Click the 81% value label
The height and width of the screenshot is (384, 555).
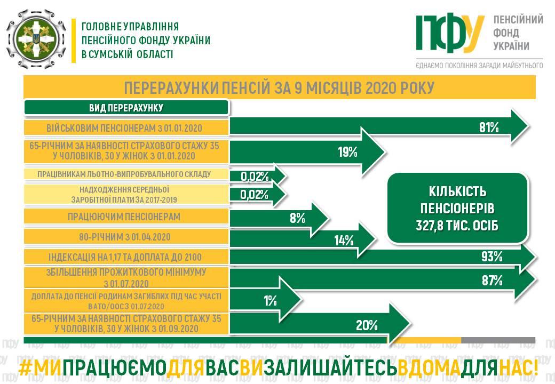pos(489,127)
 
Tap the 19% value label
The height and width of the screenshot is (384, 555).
pos(347,152)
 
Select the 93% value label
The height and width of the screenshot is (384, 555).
pos(492,257)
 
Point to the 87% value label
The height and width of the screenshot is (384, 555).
pos(492,281)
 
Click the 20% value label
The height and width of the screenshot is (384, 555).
pos(367,325)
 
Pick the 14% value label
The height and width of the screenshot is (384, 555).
pos(344,241)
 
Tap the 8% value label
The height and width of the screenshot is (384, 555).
pos(297,218)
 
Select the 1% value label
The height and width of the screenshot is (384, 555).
pos(270,301)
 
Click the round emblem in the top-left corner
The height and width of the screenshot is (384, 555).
pos(36,39)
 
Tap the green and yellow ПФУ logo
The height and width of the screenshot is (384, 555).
pos(449,33)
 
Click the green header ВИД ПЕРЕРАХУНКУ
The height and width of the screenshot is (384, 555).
pos(126,108)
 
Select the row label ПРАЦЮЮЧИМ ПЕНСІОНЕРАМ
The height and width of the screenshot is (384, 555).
pos(124,217)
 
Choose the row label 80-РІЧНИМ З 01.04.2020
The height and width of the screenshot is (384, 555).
pos(124,237)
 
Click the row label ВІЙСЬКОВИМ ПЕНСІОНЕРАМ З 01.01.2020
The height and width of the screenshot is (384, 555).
pos(124,128)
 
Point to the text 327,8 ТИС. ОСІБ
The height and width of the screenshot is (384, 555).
pos(457,226)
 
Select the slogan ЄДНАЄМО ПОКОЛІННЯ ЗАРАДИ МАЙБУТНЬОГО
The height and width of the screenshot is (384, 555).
pos(480,66)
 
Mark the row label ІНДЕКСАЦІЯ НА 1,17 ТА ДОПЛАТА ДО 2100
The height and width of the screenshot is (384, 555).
pos(125,257)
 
